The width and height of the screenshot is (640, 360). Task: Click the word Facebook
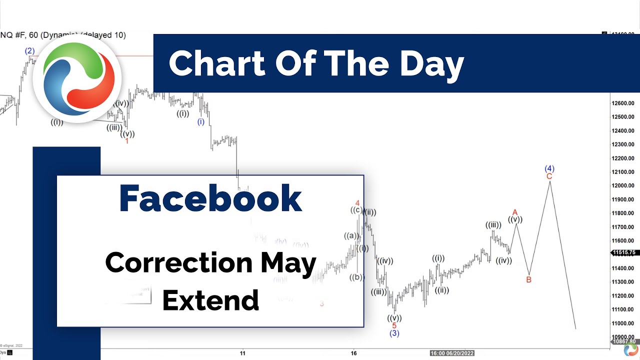[210, 199]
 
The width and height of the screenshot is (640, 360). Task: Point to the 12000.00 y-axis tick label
[623, 186]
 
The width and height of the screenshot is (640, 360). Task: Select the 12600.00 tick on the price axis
[623, 103]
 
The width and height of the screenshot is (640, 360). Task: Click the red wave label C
[549, 176]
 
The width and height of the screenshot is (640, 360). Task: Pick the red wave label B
[529, 280]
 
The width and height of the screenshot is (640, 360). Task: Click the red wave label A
[515, 212]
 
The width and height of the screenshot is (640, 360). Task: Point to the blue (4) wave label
[549, 168]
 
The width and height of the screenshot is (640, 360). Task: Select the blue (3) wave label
[394, 333]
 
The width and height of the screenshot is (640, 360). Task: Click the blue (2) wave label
[30, 50]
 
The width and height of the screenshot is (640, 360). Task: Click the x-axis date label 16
[353, 353]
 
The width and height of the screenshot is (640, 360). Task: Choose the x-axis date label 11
[242, 353]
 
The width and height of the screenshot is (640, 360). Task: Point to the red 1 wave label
[127, 141]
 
